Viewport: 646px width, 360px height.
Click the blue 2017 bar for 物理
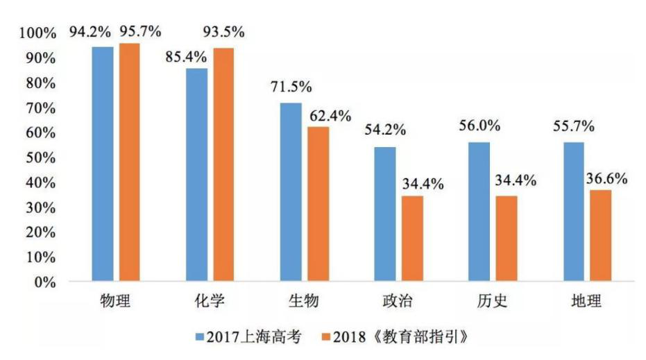103,165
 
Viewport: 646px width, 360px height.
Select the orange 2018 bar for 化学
223,166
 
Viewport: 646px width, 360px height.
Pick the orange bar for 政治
411,239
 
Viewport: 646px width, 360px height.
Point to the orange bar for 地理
600,237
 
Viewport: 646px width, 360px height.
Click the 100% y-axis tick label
37,33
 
